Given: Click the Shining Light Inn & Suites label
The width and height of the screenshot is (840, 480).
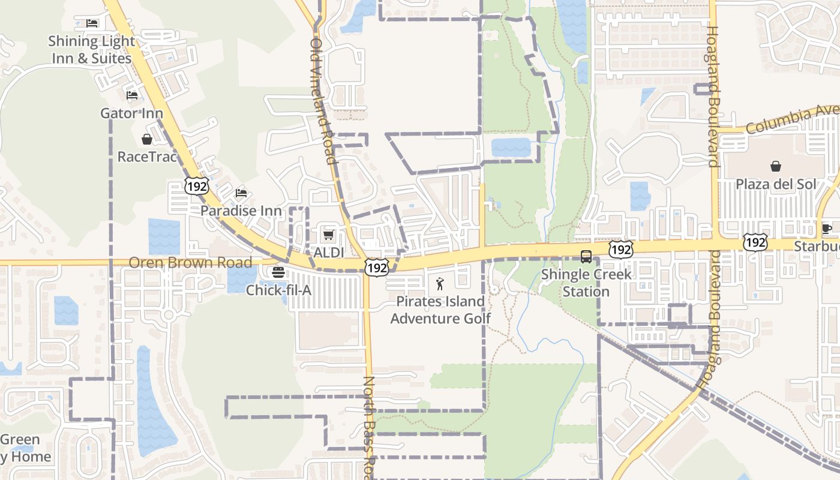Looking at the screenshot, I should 91,50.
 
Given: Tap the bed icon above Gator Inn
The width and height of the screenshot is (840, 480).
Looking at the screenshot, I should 132,95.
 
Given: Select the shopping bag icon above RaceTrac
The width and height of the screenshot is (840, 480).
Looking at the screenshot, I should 147,139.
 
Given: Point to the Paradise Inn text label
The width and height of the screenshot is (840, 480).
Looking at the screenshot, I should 241,211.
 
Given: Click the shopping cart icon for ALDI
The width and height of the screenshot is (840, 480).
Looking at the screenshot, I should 328,235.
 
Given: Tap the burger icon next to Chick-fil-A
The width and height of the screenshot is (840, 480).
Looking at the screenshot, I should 278,272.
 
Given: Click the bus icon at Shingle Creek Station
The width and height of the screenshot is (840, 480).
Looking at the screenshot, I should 586,257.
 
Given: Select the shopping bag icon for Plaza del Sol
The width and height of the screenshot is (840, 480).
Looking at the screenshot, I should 776,166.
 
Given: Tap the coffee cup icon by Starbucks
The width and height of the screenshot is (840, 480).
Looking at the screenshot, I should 827,228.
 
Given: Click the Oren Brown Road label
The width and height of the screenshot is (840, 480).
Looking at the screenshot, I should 190,263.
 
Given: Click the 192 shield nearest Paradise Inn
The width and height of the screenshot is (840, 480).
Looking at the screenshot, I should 197,186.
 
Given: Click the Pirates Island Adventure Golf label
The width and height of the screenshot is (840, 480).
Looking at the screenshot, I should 440,310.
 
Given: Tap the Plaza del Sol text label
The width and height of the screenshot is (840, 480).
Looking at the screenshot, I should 776,184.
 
